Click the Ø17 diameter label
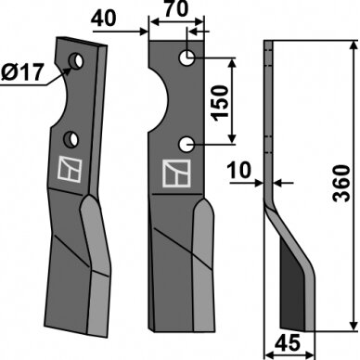coord(21,72)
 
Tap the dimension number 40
coord(104,19)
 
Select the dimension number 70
coord(175,8)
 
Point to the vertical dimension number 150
coord(221,103)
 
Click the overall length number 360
coord(341,183)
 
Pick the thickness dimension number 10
coord(238,171)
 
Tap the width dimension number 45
coord(288,342)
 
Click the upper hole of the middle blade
coord(187,58)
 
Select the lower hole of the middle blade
coord(186,145)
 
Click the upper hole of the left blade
coord(75,60)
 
